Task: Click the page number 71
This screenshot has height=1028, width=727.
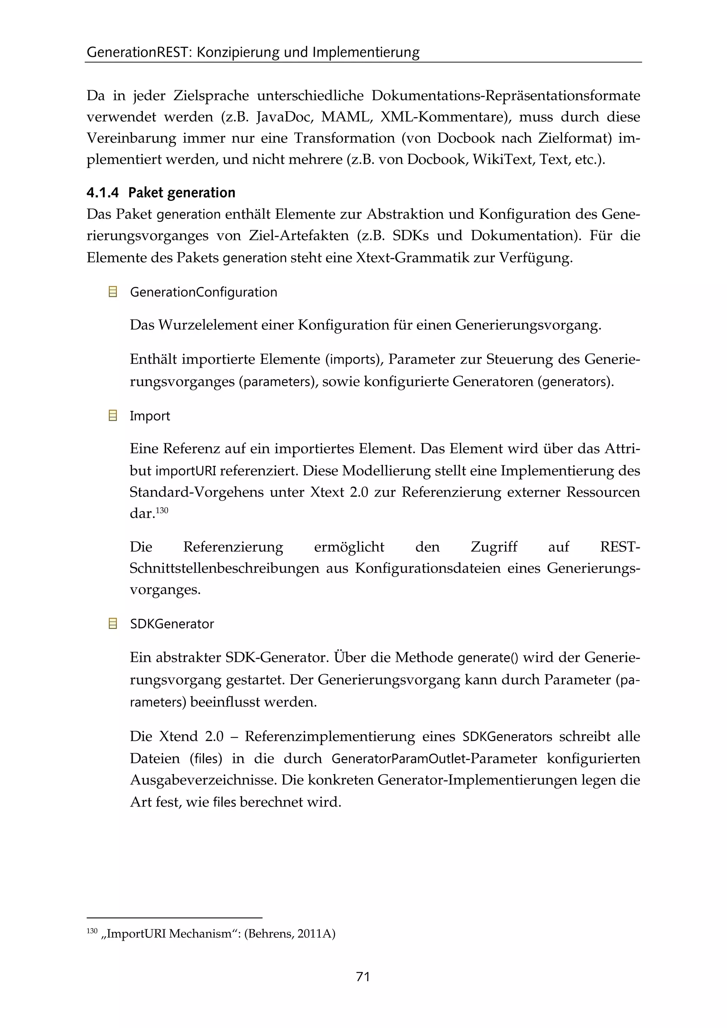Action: click(x=362, y=977)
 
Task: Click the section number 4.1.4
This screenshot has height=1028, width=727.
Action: click(x=103, y=193)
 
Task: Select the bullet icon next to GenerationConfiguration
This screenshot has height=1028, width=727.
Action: click(x=113, y=292)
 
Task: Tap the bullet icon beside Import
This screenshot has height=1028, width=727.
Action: click(x=113, y=416)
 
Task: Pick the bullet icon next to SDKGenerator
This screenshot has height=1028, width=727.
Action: click(x=113, y=623)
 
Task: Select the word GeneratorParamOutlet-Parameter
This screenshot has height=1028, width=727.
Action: click(x=434, y=759)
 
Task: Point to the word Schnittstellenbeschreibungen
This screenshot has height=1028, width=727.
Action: click(x=224, y=569)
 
